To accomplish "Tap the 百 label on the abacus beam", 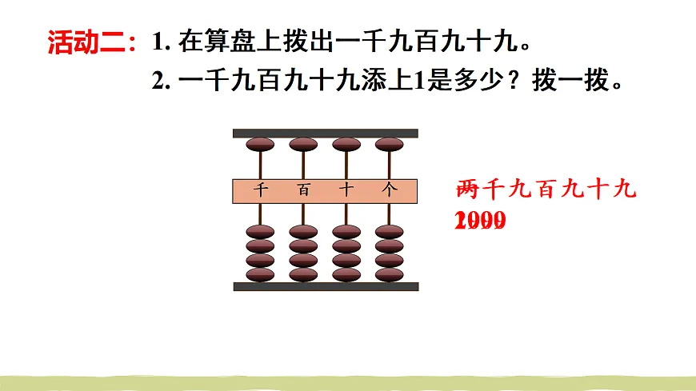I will coord(303,190).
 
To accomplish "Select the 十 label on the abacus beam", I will coord(346,190).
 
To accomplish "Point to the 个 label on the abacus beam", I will coord(390,190).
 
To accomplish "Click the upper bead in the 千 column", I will coord(260,145).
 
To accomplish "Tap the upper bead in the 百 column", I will coord(303,145).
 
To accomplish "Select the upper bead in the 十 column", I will coord(346,145).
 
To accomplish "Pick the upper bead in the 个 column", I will coord(390,145).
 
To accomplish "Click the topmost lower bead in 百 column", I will coord(303,232).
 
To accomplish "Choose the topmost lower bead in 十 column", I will coord(346,232).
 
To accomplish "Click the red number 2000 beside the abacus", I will coord(480,221).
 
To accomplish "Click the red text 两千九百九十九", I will coord(546,190).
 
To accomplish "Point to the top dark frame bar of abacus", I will coord(325,133).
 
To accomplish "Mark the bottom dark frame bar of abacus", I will coord(325,286).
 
